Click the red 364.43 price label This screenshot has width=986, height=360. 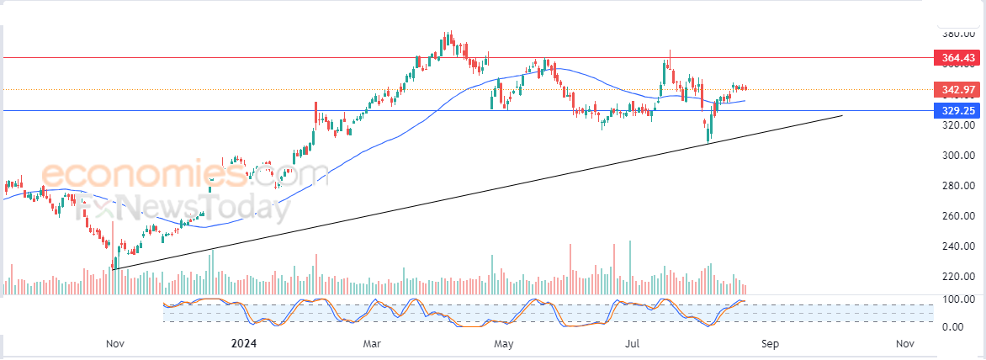click(x=958, y=58)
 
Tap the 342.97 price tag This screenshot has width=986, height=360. click(x=958, y=90)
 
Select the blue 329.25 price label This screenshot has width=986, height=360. click(x=958, y=110)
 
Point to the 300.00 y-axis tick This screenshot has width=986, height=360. click(x=958, y=156)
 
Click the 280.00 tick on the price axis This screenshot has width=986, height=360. click(x=958, y=186)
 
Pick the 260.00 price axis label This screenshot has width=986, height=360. click(x=958, y=216)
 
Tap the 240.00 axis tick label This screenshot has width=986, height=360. click(x=958, y=246)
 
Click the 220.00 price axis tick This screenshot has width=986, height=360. click(x=958, y=277)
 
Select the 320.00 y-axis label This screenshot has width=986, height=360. click(x=958, y=125)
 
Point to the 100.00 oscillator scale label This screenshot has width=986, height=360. click(x=959, y=299)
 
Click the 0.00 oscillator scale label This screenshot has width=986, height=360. click(x=962, y=326)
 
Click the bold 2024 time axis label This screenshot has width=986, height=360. click(x=244, y=343)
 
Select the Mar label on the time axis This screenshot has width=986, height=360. click(x=374, y=343)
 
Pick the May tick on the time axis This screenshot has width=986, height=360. click(x=503, y=343)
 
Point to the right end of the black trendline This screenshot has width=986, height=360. click(x=842, y=114)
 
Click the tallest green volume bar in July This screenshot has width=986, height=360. click(x=630, y=267)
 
